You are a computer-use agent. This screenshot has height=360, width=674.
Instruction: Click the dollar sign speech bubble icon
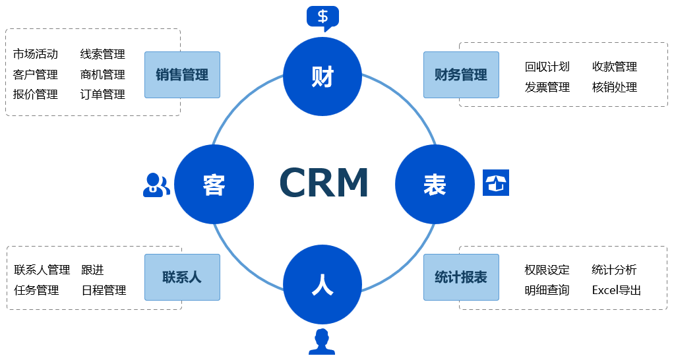pos(322,17)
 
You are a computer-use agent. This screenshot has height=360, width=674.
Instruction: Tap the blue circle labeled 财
pos(322,76)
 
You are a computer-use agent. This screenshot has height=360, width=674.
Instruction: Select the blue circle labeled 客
pos(214,185)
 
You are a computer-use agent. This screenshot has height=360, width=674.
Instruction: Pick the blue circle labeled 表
pos(435,185)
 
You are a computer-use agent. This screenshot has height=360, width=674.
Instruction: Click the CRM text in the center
pos(323,183)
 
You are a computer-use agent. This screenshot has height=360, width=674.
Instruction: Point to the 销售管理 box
pos(182,75)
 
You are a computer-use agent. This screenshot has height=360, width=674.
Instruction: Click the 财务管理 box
pos(461,75)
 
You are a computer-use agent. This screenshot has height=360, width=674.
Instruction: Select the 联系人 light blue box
pos(182,277)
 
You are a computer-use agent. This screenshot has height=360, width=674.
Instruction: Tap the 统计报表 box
pos(461,277)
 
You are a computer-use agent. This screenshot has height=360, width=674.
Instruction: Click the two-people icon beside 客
pos(156,185)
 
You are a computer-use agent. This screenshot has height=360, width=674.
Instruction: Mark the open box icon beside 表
pos(496,183)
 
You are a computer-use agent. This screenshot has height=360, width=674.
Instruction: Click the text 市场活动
pos(36,54)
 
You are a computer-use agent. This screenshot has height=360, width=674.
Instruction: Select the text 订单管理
pos(103,94)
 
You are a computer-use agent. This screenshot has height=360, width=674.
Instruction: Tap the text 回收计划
pos(547,67)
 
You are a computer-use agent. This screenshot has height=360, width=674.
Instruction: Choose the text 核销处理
pos(615,87)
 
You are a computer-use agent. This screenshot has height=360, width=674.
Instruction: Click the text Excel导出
pos(617,290)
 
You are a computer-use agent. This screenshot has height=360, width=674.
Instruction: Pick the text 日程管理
pos(104,290)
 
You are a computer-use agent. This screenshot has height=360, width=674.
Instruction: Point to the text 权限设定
pos(547,270)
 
